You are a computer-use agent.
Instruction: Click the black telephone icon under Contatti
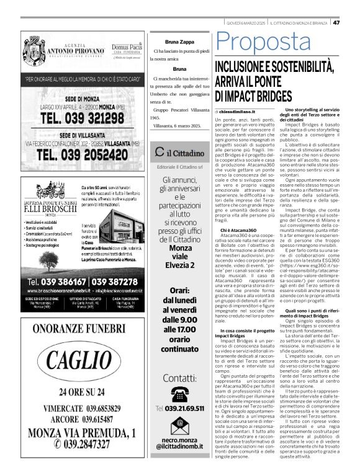[x=179, y=394]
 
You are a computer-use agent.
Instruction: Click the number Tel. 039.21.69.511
[x=180, y=409]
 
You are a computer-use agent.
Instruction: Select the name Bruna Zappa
[x=179, y=42]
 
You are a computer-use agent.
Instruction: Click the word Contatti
[x=179, y=378]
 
